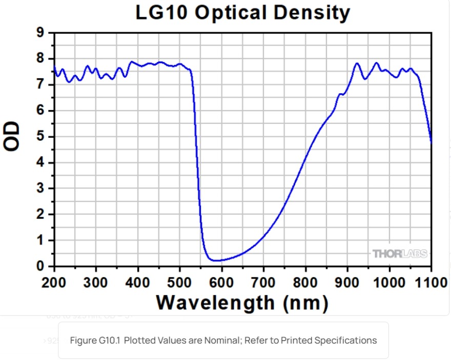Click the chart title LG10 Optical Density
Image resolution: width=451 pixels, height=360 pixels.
tap(242, 12)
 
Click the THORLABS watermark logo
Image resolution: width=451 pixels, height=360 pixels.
tap(400, 253)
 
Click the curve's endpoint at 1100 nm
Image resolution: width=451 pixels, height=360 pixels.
tap(431, 142)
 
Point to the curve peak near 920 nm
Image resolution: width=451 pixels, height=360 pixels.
tap(357, 63)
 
